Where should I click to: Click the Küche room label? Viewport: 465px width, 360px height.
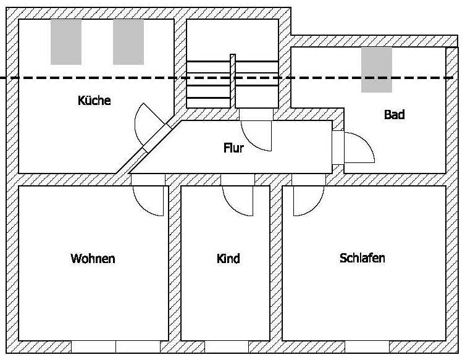(x=94, y=100)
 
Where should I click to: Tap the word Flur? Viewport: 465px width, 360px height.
(x=233, y=148)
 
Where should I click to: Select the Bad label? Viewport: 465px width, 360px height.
(x=394, y=115)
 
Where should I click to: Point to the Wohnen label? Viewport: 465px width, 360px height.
(x=93, y=258)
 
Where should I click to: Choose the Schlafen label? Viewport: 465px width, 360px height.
(x=362, y=257)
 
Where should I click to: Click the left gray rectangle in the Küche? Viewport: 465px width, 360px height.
(x=66, y=41)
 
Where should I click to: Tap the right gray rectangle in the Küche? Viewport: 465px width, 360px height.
(x=128, y=41)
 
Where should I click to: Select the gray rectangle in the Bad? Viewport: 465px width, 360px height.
(x=376, y=70)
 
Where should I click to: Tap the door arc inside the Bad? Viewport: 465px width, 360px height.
(x=361, y=147)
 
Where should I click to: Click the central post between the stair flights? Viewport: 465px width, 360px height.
(x=233, y=80)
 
